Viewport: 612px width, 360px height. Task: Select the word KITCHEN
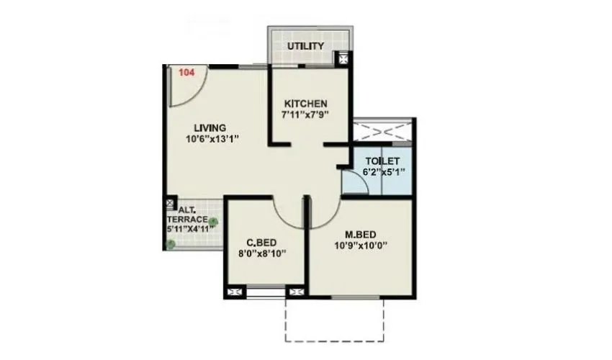pyautogui.click(x=305, y=104)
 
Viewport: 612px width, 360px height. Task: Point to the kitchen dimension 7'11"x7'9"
pyautogui.click(x=305, y=114)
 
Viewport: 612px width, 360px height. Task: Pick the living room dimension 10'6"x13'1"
pyautogui.click(x=212, y=140)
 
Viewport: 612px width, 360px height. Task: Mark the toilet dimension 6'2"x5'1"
pyautogui.click(x=384, y=172)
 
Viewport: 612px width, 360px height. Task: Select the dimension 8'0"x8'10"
pyautogui.click(x=262, y=253)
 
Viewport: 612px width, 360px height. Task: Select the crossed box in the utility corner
pyautogui.click(x=345, y=60)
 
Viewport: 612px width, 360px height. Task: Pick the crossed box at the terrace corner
pyautogui.click(x=171, y=204)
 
